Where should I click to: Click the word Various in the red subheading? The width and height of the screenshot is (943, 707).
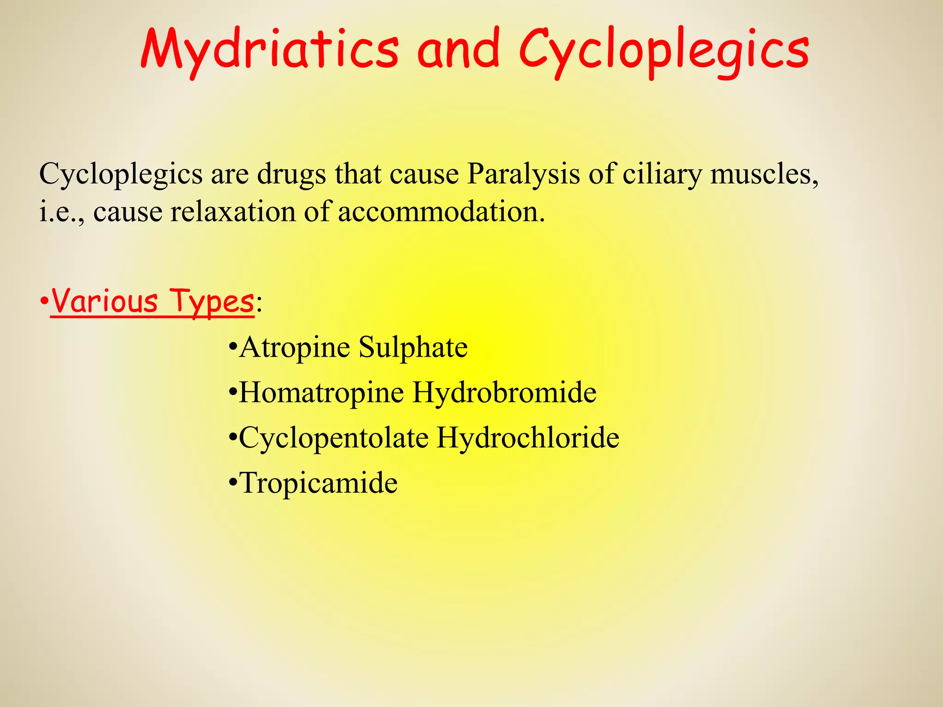click(x=105, y=301)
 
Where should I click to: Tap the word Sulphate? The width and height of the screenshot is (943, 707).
click(x=413, y=347)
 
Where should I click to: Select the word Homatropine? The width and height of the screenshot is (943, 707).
click(x=321, y=393)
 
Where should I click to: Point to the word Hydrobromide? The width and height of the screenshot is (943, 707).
click(x=504, y=393)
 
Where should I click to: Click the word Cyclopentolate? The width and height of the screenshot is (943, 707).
click(x=333, y=438)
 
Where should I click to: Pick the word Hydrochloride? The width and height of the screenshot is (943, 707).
click(x=528, y=438)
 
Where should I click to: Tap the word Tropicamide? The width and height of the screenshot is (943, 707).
click(x=318, y=483)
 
